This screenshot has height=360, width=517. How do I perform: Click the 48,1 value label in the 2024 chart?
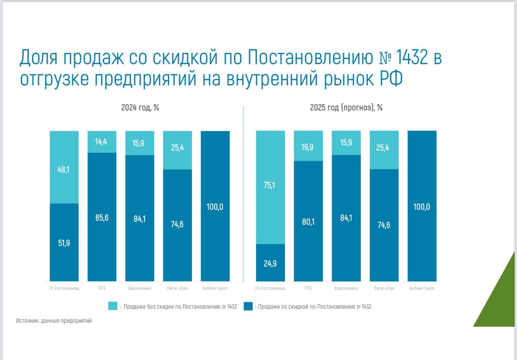[x=64, y=170]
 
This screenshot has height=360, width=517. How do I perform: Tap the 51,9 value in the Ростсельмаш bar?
[x=64, y=243]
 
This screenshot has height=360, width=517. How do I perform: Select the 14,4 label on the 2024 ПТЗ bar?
[x=102, y=142]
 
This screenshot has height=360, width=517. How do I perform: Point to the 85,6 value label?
[x=102, y=218]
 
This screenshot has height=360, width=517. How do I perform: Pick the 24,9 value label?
[x=270, y=263]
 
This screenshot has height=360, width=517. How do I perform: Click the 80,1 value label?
[x=308, y=221]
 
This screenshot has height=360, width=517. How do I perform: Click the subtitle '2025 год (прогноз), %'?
[x=346, y=107]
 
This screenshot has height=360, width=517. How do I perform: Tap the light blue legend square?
[x=113, y=306]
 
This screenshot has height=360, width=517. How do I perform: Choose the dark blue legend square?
[x=248, y=306]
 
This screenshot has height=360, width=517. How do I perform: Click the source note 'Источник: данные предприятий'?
[x=54, y=321]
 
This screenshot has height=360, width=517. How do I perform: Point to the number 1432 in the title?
[x=410, y=58]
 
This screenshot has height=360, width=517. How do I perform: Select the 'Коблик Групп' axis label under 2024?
[x=215, y=288]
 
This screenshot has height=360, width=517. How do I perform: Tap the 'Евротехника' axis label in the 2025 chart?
[x=346, y=288]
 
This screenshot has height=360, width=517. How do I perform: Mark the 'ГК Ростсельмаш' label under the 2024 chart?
[x=64, y=288]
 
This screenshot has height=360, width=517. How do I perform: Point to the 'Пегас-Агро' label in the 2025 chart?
[x=384, y=288]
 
